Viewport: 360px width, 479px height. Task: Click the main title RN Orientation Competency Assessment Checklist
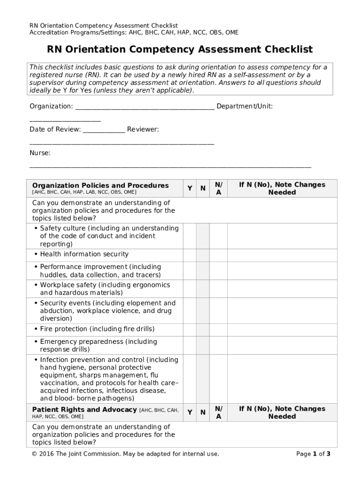click(180, 50)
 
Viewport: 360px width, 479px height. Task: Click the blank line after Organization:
click(144, 107)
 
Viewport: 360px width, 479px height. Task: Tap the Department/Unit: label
click(245, 107)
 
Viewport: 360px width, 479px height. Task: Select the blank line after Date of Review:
click(104, 130)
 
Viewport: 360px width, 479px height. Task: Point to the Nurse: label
click(40, 153)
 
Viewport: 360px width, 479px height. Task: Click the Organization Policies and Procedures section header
click(101, 186)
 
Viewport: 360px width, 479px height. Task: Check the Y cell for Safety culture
click(189, 236)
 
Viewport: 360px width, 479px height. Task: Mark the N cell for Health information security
click(202, 254)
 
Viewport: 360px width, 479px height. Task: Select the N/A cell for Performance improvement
click(218, 271)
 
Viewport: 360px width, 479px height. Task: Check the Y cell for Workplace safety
click(189, 289)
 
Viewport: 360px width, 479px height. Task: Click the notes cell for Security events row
click(282, 311)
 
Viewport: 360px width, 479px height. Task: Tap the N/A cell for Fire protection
click(218, 329)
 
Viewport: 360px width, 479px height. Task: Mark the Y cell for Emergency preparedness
click(189, 345)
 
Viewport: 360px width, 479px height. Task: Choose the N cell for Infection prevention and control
click(202, 379)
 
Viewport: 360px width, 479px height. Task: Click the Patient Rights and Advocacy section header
click(84, 410)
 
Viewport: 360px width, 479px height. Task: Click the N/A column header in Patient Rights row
click(218, 412)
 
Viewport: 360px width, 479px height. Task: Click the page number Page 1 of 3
click(313, 454)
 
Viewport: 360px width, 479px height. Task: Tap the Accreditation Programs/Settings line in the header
click(134, 33)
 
